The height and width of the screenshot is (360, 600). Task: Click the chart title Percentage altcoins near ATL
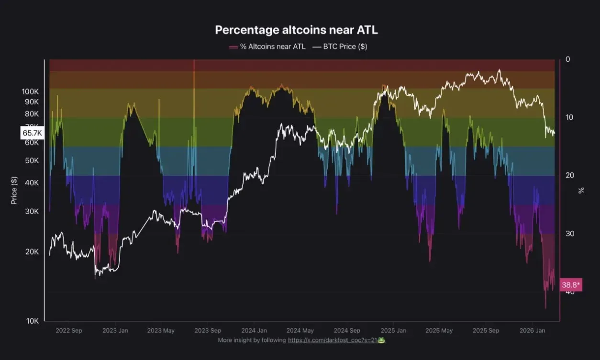tap(296, 30)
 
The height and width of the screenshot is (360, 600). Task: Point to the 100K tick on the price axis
tap(30, 91)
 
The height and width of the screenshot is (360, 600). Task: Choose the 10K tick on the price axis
tap(32, 321)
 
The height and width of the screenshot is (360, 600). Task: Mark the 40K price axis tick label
tap(32, 183)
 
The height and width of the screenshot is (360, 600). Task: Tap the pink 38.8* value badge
tap(570, 285)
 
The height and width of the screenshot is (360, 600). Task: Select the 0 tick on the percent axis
tap(568, 59)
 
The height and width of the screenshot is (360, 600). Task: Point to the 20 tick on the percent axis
tap(569, 176)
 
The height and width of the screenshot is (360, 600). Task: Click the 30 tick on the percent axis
tap(569, 234)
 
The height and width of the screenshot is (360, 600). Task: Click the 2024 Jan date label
tap(254, 330)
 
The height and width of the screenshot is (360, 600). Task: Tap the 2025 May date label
tap(439, 330)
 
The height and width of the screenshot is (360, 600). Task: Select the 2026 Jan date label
tap(533, 330)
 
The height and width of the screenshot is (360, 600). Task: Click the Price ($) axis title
tap(14, 190)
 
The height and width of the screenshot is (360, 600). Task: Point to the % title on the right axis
tap(581, 190)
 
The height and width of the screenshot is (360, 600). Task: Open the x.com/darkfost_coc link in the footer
tap(332, 340)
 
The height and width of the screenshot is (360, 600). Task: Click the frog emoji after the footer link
tap(381, 340)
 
